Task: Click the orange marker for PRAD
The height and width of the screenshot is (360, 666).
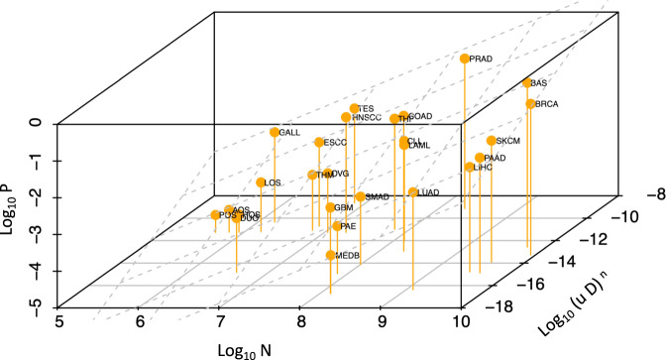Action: (x=464, y=60)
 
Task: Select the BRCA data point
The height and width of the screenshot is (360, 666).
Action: (x=530, y=104)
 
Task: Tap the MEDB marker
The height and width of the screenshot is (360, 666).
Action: (x=330, y=256)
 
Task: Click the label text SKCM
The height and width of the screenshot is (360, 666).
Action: (x=508, y=141)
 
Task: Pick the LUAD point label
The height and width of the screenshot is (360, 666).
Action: (x=429, y=192)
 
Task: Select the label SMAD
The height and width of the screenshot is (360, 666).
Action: (x=377, y=197)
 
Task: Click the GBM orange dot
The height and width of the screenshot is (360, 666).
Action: (x=330, y=208)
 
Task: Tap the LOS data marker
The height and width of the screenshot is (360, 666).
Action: (x=261, y=182)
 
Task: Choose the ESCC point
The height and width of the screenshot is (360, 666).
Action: (x=318, y=143)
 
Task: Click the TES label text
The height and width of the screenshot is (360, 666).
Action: (x=366, y=109)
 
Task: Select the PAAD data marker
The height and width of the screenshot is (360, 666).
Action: (x=480, y=158)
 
